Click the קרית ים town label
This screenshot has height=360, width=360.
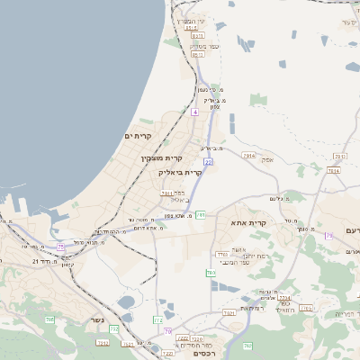(x=148, y=136)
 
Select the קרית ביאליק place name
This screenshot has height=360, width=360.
(x=180, y=171)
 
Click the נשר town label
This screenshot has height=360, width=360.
(x=96, y=320)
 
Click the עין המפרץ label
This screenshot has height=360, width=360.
(x=191, y=21)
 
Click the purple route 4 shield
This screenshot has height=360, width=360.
(x=194, y=112)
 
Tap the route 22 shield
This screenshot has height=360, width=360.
(x=208, y=162)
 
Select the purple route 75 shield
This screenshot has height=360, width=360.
(x=60, y=246)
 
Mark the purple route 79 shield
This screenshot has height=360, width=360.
(x=329, y=236)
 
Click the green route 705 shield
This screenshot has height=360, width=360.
(x=50, y=319)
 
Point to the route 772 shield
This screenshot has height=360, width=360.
(x=158, y=319)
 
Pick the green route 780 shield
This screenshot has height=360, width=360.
(x=211, y=273)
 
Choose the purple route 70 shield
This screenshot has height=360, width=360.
(x=167, y=331)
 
